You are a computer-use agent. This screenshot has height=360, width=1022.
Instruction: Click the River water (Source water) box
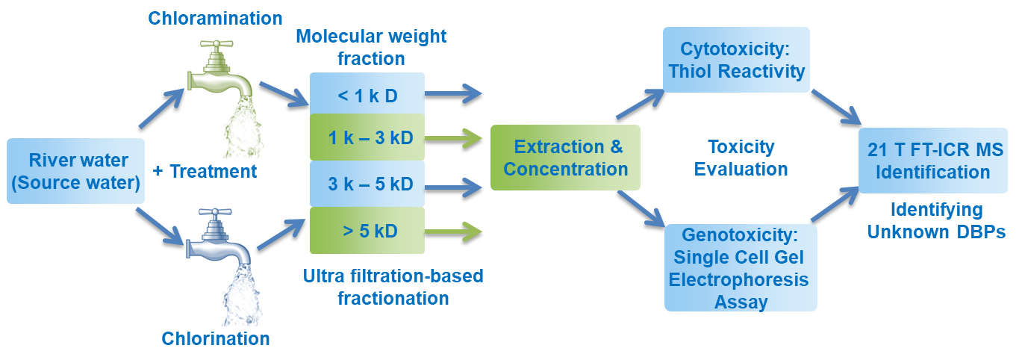tap(75, 171)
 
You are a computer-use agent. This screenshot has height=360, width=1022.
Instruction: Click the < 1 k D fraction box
tap(367, 94)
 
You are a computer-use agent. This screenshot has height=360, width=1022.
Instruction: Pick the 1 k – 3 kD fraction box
tap(367, 137)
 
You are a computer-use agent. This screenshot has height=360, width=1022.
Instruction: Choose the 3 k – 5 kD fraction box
tap(367, 184)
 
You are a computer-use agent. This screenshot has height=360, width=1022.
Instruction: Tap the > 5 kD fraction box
tap(367, 231)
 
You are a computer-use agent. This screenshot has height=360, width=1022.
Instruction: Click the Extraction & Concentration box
tap(565, 158)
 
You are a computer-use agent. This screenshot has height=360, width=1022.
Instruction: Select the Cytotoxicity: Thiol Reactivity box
tap(736, 60)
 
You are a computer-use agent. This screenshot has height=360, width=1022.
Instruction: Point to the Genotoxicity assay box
tap(741, 268)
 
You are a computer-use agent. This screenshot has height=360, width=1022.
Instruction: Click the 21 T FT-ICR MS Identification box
tap(933, 161)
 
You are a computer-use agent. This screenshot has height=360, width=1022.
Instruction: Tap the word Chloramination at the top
tap(215, 19)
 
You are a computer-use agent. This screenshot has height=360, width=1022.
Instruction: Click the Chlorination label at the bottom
tap(216, 338)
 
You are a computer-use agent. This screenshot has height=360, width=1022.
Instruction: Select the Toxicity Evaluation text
tap(741, 158)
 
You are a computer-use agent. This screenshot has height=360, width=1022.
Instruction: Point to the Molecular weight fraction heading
tap(371, 48)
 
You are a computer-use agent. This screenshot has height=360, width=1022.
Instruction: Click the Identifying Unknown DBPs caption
tap(936, 221)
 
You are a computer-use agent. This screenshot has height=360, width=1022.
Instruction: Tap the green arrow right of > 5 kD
tap(453, 232)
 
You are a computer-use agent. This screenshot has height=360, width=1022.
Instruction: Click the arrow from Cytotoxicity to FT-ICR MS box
tap(836, 108)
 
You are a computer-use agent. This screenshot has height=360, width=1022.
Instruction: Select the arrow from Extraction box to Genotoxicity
tap(641, 209)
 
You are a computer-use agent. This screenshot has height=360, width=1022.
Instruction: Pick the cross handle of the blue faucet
tap(215, 212)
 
